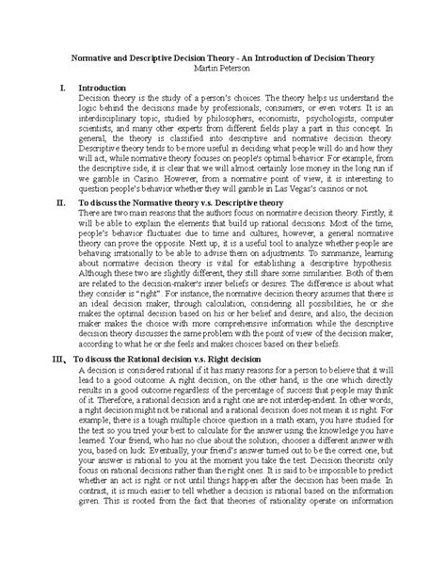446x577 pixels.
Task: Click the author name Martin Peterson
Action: coord(223,69)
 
